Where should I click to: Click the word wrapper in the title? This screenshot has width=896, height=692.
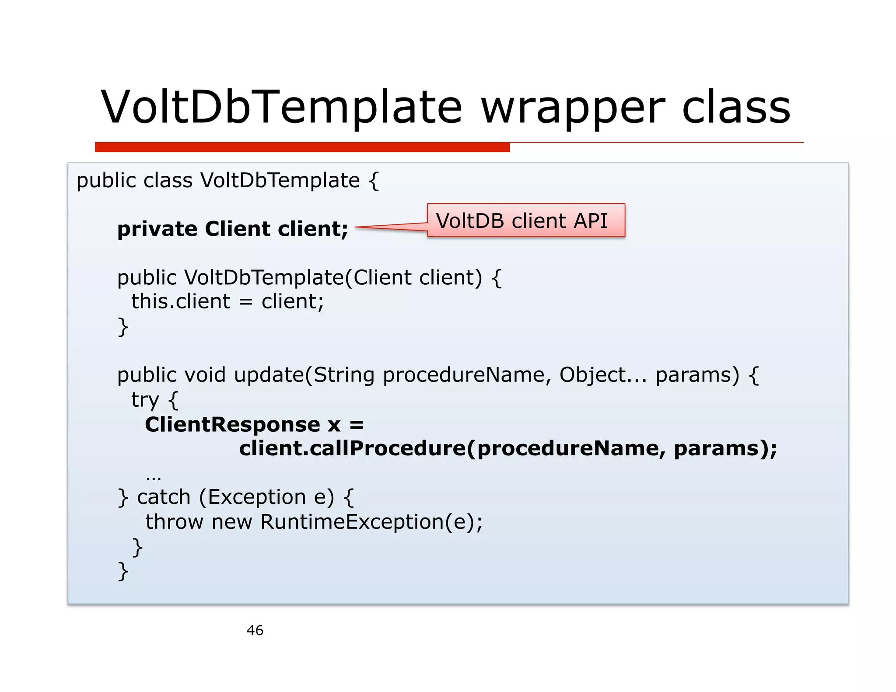[x=573, y=108]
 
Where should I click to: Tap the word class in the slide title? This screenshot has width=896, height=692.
[x=736, y=108]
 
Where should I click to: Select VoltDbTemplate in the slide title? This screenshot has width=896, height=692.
[x=281, y=108]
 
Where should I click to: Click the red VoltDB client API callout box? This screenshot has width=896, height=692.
[x=526, y=220]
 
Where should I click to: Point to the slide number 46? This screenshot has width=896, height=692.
[x=255, y=630]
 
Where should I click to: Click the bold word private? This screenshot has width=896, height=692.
[x=157, y=229]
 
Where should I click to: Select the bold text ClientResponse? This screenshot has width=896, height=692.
[x=232, y=424]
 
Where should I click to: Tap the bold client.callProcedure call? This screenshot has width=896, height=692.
[x=352, y=448]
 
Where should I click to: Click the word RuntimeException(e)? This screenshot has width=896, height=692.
[x=371, y=521]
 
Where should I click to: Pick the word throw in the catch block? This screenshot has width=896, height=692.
[x=174, y=521]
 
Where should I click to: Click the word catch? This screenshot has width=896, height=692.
[x=164, y=497]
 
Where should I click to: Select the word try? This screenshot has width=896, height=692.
[x=145, y=400]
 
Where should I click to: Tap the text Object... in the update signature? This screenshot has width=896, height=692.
[x=603, y=375]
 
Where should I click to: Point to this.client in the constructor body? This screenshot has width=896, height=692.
[x=180, y=301]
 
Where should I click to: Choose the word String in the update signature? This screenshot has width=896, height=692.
[x=344, y=375]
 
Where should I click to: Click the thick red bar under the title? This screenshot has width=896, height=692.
[x=302, y=147]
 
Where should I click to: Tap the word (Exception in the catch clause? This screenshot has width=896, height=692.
[x=252, y=497]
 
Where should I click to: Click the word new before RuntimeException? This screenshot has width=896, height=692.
[x=232, y=521]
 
